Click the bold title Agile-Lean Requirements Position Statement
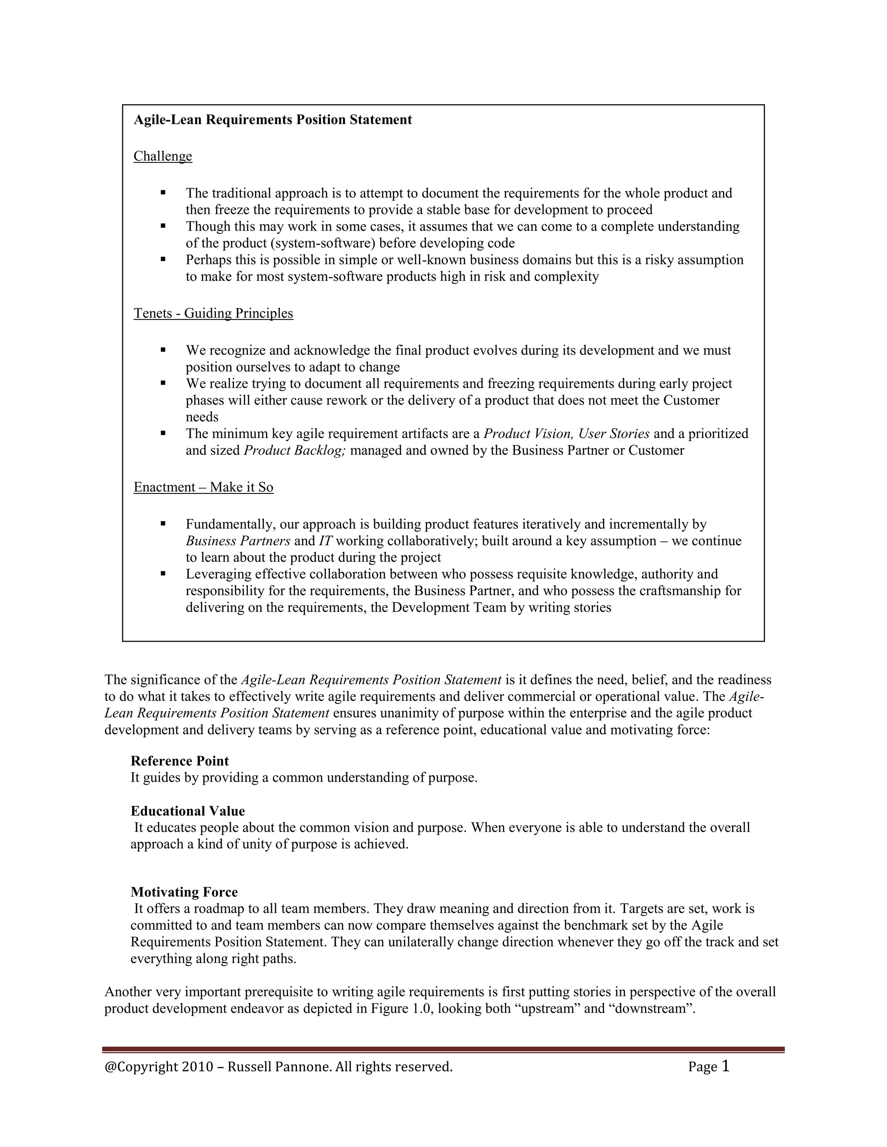point(273,120)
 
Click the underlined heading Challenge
point(163,157)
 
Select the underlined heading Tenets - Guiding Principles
point(214,313)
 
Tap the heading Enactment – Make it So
point(204,487)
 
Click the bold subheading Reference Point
point(180,761)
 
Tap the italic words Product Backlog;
point(294,451)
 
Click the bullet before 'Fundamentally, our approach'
point(163,524)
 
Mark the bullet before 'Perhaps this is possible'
point(163,259)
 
